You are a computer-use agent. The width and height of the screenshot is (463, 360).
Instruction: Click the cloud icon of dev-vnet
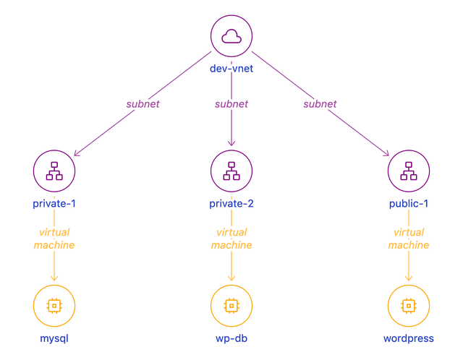[x=231, y=36]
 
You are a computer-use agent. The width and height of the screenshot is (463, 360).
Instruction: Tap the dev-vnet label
[x=231, y=69]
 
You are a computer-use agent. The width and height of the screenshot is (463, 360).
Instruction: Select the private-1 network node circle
[x=54, y=171]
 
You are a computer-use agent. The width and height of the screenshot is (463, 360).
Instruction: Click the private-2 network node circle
[x=231, y=171]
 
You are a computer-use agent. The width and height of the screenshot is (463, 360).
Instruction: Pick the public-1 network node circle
[x=409, y=171]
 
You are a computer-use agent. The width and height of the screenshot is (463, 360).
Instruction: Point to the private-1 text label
[x=54, y=203]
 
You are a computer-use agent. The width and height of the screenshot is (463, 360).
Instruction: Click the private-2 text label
[x=231, y=203]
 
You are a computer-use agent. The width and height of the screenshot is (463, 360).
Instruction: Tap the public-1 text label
[x=409, y=203]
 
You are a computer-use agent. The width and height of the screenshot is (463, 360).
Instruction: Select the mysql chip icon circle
[x=54, y=305]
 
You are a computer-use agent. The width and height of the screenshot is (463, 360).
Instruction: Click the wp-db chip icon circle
[x=231, y=305]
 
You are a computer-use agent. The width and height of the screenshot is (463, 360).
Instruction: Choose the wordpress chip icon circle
[x=409, y=305]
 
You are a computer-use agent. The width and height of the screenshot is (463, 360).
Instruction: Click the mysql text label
[x=54, y=338]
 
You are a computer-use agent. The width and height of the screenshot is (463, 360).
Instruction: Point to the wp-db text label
[x=231, y=338]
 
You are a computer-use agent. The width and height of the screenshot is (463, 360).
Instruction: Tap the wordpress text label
[x=409, y=338]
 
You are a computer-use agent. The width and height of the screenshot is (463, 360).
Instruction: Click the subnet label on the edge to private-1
[x=143, y=104]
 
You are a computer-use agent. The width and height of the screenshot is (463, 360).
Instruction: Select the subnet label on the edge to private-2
[x=231, y=104]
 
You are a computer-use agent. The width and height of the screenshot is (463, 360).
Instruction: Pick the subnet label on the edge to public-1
[x=320, y=104]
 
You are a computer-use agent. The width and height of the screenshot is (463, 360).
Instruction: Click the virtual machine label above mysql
[x=54, y=239]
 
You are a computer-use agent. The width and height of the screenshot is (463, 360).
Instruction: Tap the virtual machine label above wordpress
[x=409, y=239]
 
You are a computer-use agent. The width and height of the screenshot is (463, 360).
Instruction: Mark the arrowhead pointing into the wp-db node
[x=231, y=280]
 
